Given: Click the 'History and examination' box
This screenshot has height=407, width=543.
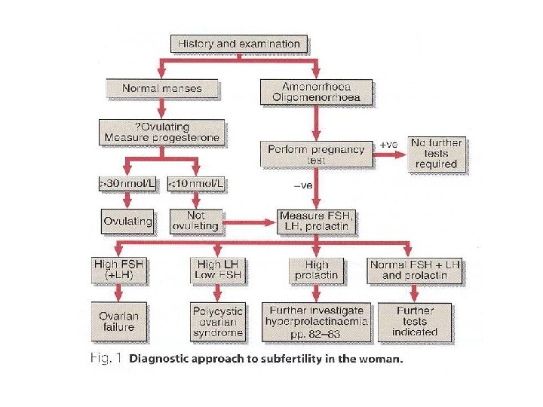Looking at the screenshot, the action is [x=239, y=44].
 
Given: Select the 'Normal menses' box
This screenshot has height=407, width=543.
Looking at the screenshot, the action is [x=162, y=89].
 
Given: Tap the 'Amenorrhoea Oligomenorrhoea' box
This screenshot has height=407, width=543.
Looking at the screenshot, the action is [x=316, y=92].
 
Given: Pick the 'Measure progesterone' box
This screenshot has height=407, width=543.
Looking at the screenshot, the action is [x=161, y=133].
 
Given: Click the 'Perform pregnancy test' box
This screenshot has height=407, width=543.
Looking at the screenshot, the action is [x=316, y=155].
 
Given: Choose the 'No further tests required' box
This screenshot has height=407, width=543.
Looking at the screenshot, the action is [x=437, y=154].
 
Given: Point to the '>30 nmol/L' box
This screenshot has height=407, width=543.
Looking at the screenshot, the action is [x=127, y=183].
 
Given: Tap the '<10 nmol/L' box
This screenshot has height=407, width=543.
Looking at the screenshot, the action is [x=196, y=183].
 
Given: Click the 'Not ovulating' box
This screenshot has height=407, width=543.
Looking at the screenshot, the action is [x=196, y=222].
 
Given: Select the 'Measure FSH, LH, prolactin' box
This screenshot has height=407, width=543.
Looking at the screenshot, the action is [x=316, y=222].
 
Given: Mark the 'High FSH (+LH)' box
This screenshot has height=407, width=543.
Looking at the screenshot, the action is [x=118, y=270].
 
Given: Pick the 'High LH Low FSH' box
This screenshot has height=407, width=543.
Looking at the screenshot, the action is [x=217, y=270].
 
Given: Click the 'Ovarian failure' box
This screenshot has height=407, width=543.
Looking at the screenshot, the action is [x=119, y=322].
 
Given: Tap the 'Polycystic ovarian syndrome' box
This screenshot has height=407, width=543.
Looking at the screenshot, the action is [x=217, y=323].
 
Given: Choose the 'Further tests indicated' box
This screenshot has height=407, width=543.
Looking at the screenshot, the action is [x=415, y=323].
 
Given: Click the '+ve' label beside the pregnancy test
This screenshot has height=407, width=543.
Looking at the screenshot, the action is [x=388, y=145].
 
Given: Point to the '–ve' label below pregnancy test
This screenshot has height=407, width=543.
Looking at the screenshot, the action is [x=303, y=186].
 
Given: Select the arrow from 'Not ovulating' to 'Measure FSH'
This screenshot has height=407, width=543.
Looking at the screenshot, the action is [x=250, y=222].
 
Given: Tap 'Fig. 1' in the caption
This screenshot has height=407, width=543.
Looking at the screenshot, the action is [x=106, y=358].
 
